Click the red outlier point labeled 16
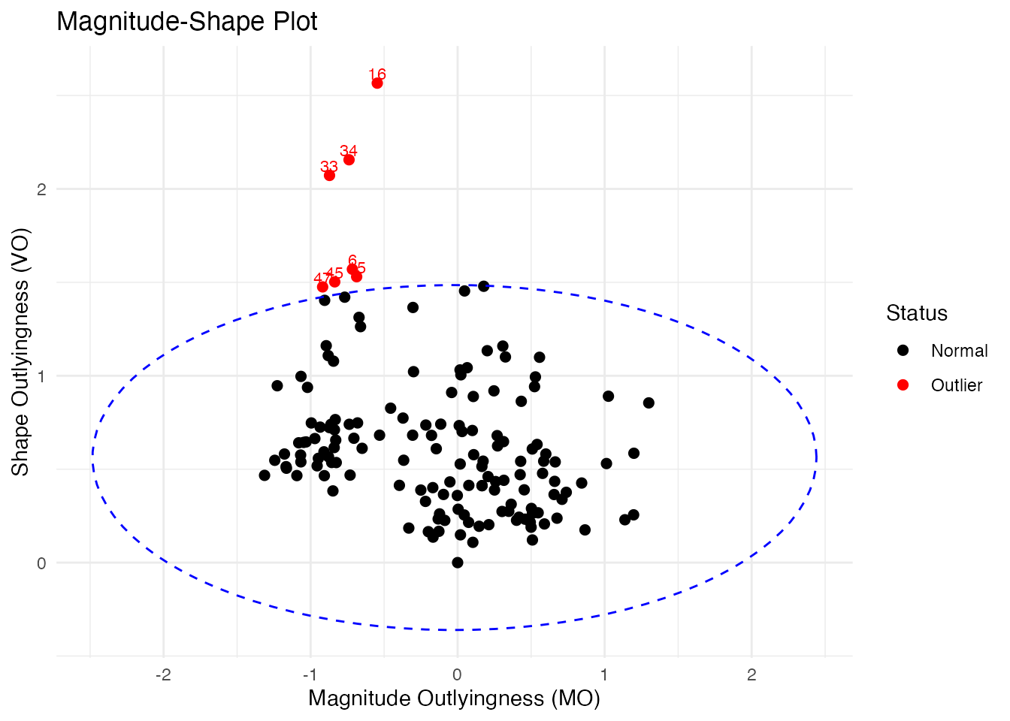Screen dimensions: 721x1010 click(x=377, y=83)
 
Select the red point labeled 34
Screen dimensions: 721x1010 click(x=349, y=160)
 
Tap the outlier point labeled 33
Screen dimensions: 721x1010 click(x=329, y=176)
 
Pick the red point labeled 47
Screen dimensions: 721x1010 click(x=322, y=287)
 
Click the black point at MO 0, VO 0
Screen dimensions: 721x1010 click(x=458, y=563)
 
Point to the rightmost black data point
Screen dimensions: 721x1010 click(x=649, y=403)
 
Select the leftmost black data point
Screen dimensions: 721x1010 click(x=265, y=475)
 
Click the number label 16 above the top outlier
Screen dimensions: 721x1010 click(x=377, y=74)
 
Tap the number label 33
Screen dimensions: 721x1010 click(x=328, y=167)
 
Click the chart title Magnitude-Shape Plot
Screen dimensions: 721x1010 click(x=187, y=22)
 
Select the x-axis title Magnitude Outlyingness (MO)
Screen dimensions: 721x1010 click(x=454, y=698)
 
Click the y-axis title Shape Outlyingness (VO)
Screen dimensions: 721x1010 click(x=20, y=352)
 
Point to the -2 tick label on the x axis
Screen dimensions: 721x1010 click(x=163, y=675)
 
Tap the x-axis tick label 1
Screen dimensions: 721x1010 click(x=604, y=675)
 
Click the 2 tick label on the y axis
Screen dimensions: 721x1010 click(x=41, y=189)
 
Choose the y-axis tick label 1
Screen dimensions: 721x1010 click(x=41, y=376)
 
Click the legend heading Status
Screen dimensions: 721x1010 click(x=916, y=313)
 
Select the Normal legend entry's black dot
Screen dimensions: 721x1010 click(x=903, y=351)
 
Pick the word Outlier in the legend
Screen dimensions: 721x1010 click(x=956, y=385)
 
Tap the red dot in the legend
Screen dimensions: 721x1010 click(x=903, y=385)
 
